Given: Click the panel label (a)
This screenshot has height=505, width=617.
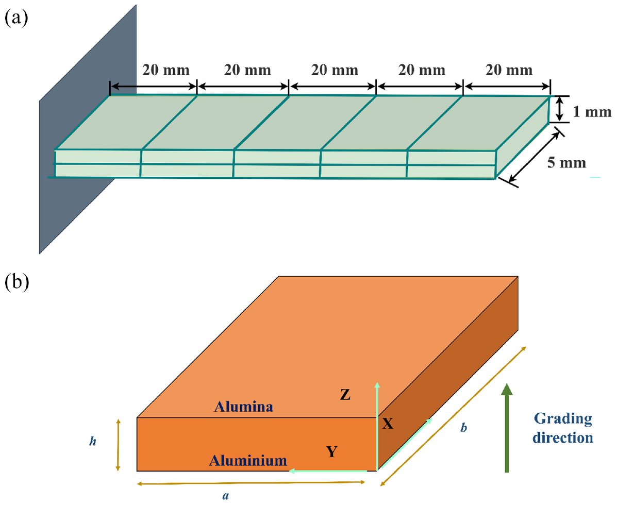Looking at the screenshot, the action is (x=16, y=19).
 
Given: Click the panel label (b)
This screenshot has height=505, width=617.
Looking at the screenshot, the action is (x=16, y=283).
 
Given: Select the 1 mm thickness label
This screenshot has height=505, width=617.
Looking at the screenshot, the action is (x=592, y=112).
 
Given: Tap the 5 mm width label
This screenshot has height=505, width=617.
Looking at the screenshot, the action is (x=566, y=162).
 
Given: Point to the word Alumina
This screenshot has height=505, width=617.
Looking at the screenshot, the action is (x=243, y=406).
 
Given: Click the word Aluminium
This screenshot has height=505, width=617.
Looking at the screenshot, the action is (x=247, y=460).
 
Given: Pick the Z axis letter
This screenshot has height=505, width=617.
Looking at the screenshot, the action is (x=345, y=395).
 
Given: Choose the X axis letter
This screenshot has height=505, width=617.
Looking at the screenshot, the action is (x=388, y=424).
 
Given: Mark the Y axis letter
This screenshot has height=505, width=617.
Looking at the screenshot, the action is (x=332, y=452).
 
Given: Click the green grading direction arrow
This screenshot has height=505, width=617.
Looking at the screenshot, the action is (x=507, y=428).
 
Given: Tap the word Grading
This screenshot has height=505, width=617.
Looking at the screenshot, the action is (x=563, y=419).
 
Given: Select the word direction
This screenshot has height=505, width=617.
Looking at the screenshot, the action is (x=563, y=437).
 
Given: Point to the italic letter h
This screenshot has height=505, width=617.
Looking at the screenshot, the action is (x=93, y=442).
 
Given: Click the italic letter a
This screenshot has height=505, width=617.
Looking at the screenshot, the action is (x=225, y=496).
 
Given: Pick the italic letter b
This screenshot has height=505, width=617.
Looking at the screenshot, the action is (x=464, y=427).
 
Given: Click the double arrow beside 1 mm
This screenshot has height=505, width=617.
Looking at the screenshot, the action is (x=560, y=109).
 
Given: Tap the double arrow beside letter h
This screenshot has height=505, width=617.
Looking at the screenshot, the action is (x=118, y=445).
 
